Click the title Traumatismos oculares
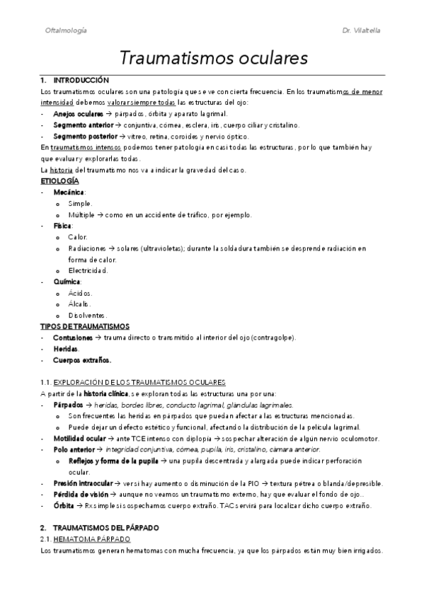pos(212,57)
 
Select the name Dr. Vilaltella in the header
pos(362,31)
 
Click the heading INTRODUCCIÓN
pos(81,81)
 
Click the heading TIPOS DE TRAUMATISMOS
pos(85,326)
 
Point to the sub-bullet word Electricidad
pos(88,270)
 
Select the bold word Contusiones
pos(74,337)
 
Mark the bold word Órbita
pos(64,506)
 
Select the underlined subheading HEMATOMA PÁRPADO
pos(90,539)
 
